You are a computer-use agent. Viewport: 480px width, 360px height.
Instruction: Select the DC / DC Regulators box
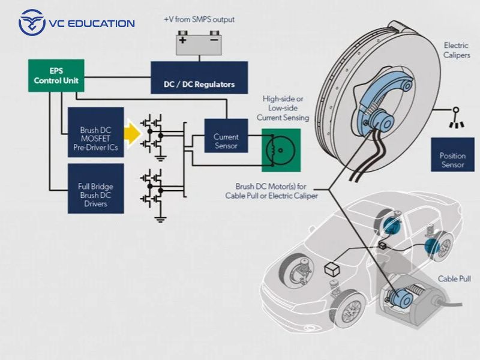(x=199, y=77)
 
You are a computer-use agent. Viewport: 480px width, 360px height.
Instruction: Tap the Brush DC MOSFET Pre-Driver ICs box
(x=95, y=133)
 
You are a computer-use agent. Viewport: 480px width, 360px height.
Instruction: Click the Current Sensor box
(x=226, y=141)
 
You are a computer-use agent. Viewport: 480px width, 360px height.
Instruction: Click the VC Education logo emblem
(x=32, y=23)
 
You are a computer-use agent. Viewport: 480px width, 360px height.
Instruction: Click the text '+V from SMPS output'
(x=199, y=19)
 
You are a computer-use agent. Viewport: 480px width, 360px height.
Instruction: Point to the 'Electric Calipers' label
(x=455, y=50)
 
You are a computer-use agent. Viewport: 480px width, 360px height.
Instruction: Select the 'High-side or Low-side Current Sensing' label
(x=283, y=108)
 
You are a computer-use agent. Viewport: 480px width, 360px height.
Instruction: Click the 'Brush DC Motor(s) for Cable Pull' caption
(x=271, y=190)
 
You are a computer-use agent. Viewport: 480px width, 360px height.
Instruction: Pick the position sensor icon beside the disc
(x=456, y=118)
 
